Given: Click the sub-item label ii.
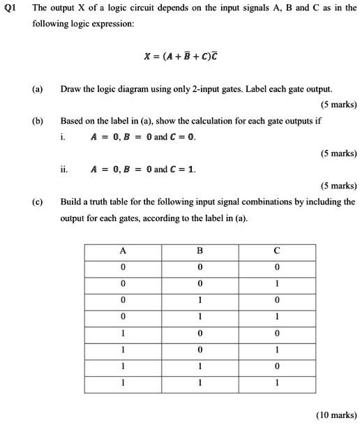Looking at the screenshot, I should [65, 169].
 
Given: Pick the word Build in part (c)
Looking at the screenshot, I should [72, 201].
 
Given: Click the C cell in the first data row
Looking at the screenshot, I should [277, 267].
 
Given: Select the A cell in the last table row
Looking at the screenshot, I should [123, 382].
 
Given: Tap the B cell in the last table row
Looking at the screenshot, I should [200, 382].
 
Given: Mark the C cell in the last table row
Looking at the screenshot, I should [277, 382].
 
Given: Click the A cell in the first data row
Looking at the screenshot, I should [123, 267].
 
